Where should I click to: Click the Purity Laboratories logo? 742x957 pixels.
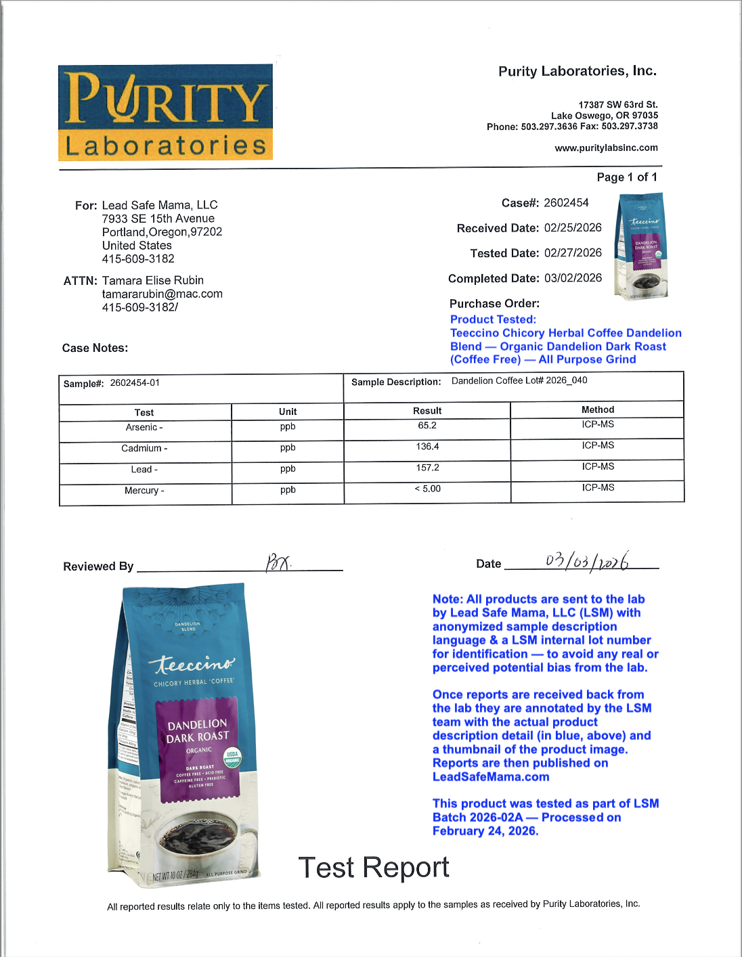pyautogui.click(x=165, y=112)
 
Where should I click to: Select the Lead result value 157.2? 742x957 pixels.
pyautogui.click(x=427, y=468)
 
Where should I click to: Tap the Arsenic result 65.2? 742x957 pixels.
pyautogui.click(x=427, y=426)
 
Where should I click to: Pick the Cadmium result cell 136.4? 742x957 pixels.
pyautogui.click(x=427, y=447)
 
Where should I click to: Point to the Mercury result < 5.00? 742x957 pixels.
pyautogui.click(x=427, y=489)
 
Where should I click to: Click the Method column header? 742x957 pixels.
pyautogui.click(x=598, y=409)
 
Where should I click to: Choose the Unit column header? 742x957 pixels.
pyautogui.click(x=288, y=411)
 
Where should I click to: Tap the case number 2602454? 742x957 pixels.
pyautogui.click(x=566, y=203)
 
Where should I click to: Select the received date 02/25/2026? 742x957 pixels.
pyautogui.click(x=573, y=228)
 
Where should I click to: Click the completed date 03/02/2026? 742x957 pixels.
pyautogui.click(x=573, y=278)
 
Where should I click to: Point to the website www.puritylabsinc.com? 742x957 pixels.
pyautogui.click(x=606, y=148)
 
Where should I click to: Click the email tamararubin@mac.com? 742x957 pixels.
pyautogui.click(x=162, y=294)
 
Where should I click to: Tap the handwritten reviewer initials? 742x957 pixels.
pyautogui.click(x=278, y=562)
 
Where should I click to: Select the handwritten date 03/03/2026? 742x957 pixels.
pyautogui.click(x=586, y=561)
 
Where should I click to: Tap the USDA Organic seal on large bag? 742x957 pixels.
pyautogui.click(x=232, y=756)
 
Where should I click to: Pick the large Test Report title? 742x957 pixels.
pyautogui.click(x=374, y=867)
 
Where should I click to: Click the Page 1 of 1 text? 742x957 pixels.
pyautogui.click(x=627, y=177)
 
